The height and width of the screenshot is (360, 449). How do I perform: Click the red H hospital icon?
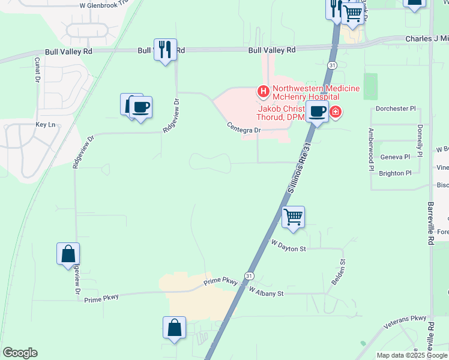tap(262, 92)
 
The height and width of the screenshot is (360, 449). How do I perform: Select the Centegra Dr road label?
tap(244, 128)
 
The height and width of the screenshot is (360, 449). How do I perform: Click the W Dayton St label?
tap(289, 245)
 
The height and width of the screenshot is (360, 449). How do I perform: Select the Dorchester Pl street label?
tap(395, 109)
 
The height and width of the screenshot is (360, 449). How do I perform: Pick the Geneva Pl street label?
tap(395, 157)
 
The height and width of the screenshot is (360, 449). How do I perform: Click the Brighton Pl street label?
tap(395, 173)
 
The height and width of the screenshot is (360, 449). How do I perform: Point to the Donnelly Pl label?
tap(419, 139)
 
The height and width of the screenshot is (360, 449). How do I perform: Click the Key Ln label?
tap(45, 125)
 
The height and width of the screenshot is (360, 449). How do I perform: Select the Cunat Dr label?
tap(37, 70)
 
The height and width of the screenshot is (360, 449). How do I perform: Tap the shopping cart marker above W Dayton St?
tap(293, 217)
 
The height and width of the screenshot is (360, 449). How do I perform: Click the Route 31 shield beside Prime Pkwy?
tap(248, 275)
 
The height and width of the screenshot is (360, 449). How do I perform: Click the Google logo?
tap(20, 353)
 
